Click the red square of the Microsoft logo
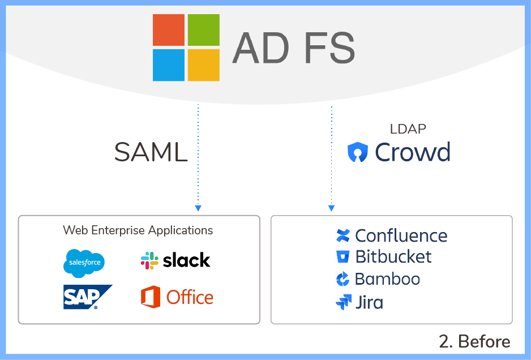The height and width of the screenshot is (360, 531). (169, 30)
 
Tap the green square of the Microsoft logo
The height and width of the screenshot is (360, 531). (204, 30)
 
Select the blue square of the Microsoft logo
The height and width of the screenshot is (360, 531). (169, 65)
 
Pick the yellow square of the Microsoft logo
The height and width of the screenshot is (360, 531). (204, 65)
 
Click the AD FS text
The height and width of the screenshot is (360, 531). (293, 48)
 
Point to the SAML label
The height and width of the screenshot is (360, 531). (151, 152)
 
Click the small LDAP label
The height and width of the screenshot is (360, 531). (408, 129)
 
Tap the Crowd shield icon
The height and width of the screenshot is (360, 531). (358, 152)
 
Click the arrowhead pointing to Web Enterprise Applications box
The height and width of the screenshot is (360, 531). (198, 208)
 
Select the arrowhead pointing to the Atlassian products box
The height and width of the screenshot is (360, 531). (332, 208)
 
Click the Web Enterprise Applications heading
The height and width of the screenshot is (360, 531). (138, 230)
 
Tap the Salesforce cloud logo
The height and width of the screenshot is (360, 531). (84, 263)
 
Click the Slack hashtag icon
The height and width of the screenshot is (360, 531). (149, 260)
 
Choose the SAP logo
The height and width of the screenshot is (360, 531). (87, 297)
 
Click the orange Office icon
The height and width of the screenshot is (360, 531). (151, 297)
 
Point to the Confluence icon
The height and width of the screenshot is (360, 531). (342, 235)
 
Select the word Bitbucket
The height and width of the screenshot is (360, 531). (393, 257)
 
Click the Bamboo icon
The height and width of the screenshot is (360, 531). (342, 279)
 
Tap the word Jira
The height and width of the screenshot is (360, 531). (369, 302)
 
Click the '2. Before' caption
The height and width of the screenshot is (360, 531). (474, 341)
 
